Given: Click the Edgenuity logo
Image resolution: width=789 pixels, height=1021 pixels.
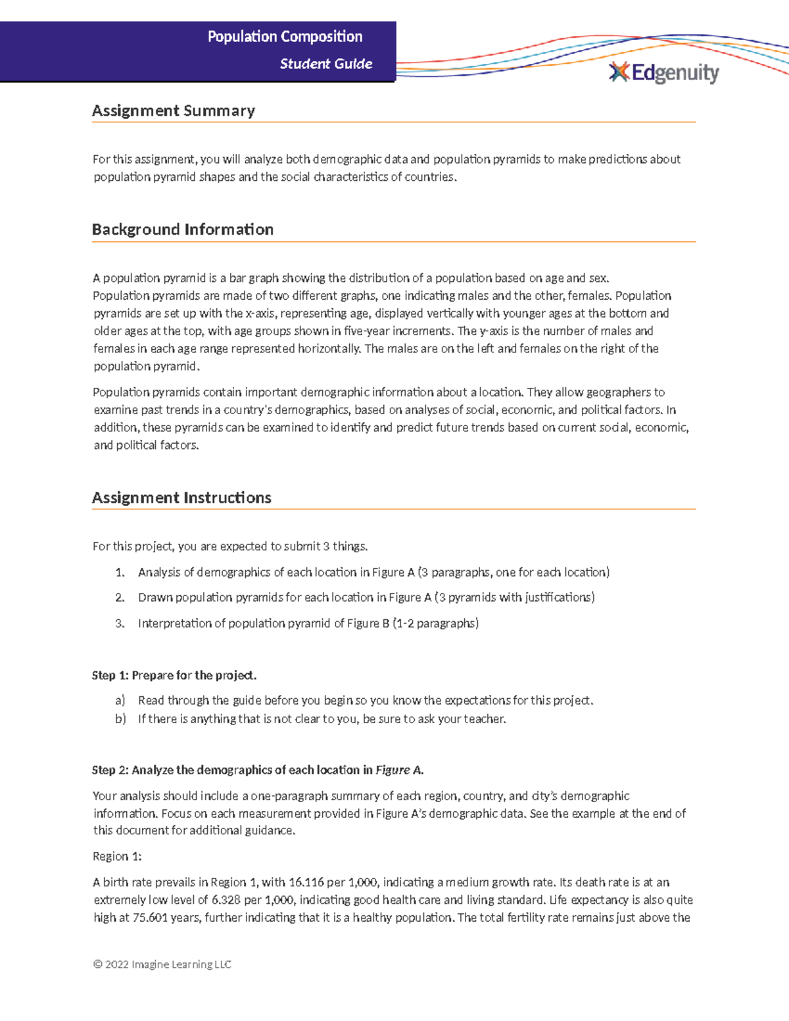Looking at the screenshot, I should (664, 73).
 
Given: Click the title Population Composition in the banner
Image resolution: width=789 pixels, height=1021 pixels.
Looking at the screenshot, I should (285, 37).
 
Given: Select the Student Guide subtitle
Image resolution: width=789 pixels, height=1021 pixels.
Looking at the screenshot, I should (326, 64).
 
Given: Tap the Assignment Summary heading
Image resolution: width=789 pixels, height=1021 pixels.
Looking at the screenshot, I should (174, 110).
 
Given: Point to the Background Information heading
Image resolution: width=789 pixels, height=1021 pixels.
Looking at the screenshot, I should (183, 229).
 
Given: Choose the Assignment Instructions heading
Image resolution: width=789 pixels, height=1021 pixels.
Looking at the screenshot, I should (181, 498).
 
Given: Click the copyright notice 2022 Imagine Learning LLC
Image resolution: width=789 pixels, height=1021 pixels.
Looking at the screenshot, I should (162, 964).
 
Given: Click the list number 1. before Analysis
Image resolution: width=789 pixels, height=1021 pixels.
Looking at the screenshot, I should (120, 573).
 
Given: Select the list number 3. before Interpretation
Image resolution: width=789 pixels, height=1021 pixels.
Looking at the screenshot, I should (120, 623).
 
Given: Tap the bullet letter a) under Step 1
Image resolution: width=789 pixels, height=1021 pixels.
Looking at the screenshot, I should (120, 701).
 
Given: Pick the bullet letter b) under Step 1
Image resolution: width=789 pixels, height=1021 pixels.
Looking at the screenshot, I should (120, 719).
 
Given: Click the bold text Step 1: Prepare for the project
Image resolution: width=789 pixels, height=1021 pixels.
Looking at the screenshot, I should (174, 675).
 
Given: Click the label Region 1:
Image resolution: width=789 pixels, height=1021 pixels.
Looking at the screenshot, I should (117, 857).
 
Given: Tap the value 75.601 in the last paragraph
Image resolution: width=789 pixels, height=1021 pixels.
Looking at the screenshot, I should (150, 918).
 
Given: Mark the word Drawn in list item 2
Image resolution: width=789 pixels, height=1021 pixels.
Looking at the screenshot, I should (153, 598).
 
